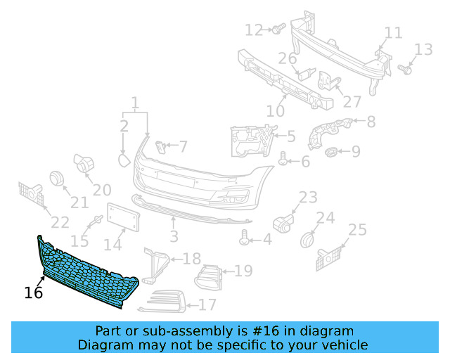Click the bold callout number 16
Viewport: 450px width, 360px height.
34,292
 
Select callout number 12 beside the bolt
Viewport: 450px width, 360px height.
254,30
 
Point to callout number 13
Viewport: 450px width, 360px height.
423,49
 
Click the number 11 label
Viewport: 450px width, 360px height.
393,33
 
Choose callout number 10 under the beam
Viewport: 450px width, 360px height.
275,110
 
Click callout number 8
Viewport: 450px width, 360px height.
371,122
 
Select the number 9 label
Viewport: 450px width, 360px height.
356,150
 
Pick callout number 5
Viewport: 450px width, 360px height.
290,135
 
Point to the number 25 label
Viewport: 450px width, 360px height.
358,229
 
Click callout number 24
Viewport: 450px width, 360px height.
325,219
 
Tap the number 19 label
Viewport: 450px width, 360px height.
243,271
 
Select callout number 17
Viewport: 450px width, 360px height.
207,305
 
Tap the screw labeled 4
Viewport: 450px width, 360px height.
245,239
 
